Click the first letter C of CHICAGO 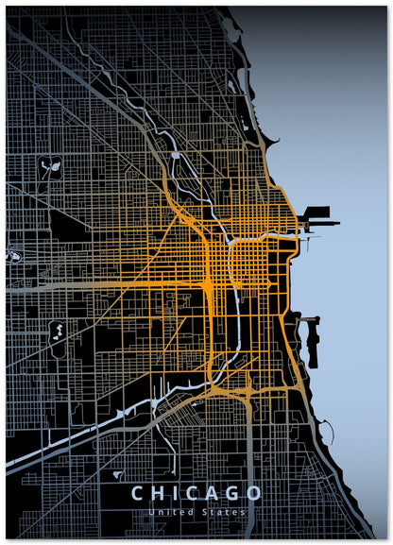pos(137,493)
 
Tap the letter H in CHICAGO pos(158,493)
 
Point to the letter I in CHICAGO pos(175,493)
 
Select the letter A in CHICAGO pos(211,493)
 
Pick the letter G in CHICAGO pos(232,493)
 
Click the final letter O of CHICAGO pos(255,493)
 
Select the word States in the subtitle pos(228,512)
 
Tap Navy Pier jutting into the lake pos(318,223)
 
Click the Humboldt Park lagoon pos(51,169)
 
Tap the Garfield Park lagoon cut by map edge pos(12,255)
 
